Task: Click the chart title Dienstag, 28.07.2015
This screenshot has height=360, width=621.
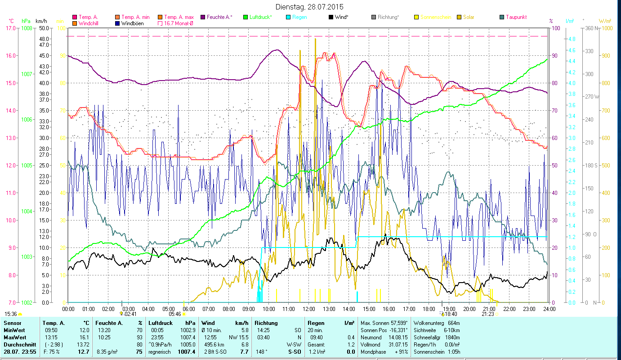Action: pos(310,7)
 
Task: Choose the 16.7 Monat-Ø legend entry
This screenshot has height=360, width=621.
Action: pos(179,23)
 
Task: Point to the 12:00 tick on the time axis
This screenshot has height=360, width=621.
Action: pos(309,309)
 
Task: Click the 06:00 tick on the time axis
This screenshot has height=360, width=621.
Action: pos(188,309)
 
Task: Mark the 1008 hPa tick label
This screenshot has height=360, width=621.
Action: pos(27,28)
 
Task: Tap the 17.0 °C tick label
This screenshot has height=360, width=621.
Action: pos(10,28)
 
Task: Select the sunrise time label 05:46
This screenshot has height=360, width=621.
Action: pos(175,314)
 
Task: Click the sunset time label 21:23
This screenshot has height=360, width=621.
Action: pos(488,314)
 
